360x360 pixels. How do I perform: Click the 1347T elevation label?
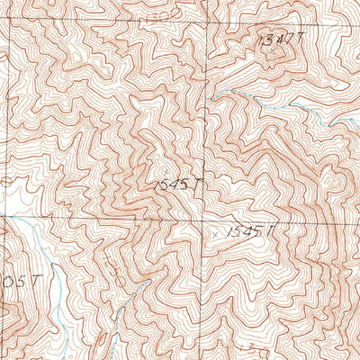click(x=275, y=41)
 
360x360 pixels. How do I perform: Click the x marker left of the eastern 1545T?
click(x=216, y=233)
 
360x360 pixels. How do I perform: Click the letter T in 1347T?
click(x=292, y=40)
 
